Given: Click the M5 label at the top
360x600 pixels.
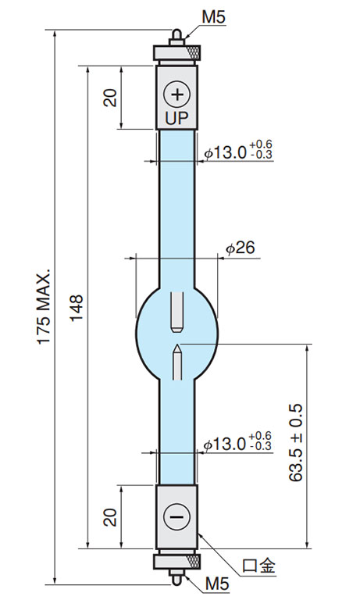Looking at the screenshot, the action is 214,17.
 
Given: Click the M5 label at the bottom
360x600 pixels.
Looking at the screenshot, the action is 217,584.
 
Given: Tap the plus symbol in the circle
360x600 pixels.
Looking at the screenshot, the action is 176,94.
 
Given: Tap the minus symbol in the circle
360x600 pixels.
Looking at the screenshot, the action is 176,517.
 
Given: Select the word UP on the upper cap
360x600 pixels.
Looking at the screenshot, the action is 176,118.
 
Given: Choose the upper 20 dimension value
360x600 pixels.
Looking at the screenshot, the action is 111,98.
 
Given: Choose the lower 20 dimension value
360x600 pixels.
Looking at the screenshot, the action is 111,517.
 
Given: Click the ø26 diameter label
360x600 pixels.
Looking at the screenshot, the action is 241,248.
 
